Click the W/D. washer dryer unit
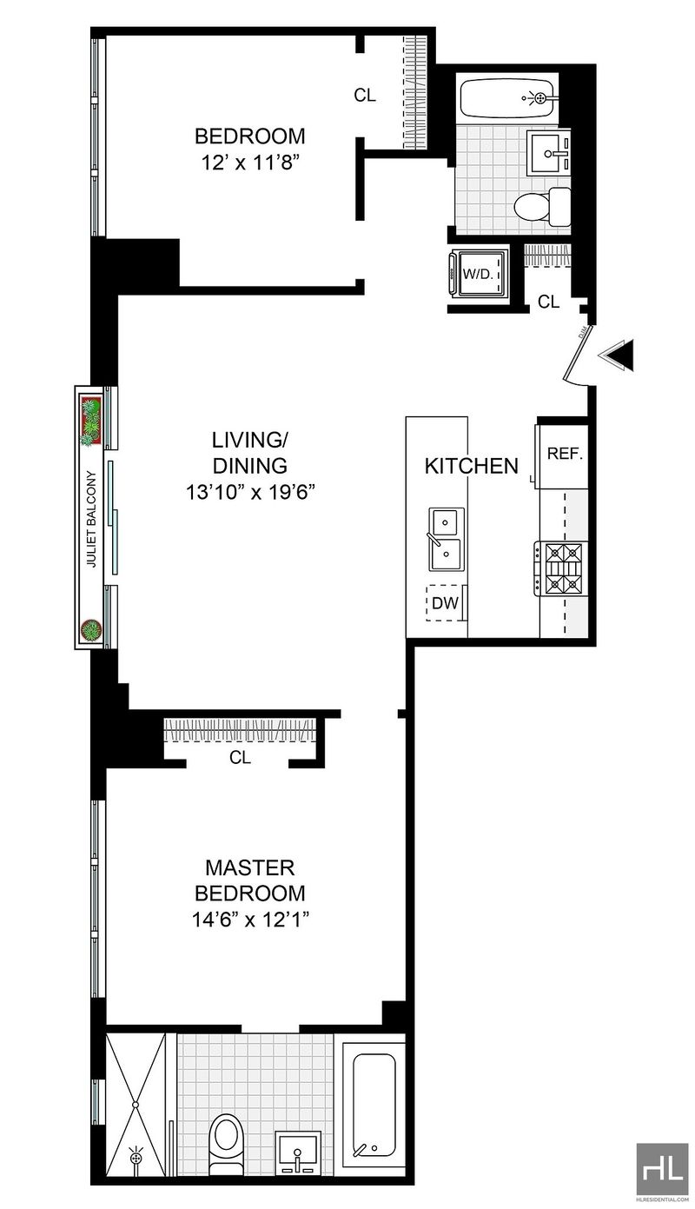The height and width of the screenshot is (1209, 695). (x=478, y=273)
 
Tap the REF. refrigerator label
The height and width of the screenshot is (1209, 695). (x=565, y=454)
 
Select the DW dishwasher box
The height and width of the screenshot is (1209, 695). (x=445, y=603)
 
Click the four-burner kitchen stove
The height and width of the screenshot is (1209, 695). (x=562, y=569)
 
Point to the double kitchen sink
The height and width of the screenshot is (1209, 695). (x=446, y=539)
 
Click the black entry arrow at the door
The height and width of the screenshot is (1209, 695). (x=616, y=355)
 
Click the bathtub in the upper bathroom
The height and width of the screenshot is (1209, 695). (x=507, y=98)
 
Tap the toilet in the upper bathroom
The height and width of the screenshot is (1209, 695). (x=542, y=206)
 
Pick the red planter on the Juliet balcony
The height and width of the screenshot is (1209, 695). (x=90, y=420)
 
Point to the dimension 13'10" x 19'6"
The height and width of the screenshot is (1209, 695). (x=250, y=492)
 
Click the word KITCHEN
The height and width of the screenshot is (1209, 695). (x=472, y=466)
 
